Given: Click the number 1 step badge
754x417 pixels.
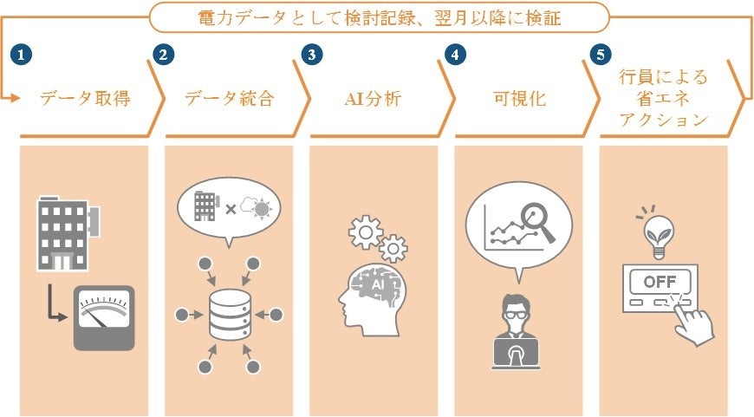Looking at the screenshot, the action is pos(19,54).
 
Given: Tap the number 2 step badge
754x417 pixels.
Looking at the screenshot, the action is pos(162,54).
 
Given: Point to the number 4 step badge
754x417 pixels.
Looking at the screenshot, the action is pos(452,54).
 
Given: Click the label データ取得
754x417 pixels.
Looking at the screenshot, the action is pos(85,98).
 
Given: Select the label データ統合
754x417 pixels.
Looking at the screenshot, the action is pos(230,98).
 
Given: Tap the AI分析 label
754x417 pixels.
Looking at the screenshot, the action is pos(374,98).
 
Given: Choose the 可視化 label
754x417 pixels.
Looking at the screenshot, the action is pos(520,98).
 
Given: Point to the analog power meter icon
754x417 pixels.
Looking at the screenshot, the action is pos(104,318).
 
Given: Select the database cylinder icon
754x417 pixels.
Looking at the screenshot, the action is pos(230,315).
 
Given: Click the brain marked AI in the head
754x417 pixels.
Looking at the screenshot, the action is pos(378,286).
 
